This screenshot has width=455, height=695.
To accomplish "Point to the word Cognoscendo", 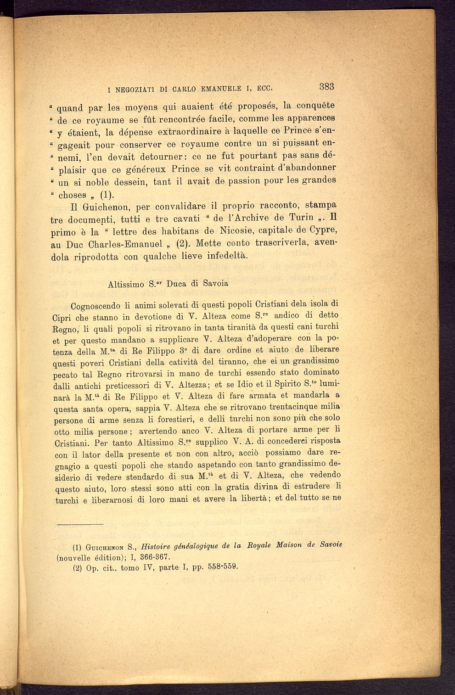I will pos(97,306).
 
